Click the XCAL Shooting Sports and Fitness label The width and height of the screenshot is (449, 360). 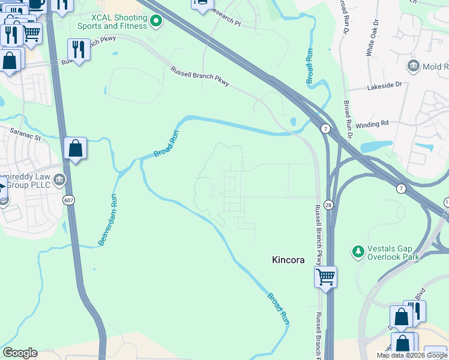[112, 22]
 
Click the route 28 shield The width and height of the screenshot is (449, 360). [328, 205]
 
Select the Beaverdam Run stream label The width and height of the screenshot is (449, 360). [107, 219]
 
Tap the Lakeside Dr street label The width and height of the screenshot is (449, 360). [385, 86]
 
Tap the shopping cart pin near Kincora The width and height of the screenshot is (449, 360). [325, 277]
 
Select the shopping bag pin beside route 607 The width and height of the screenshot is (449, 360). [76, 148]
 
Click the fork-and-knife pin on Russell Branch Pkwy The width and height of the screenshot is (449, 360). [79, 48]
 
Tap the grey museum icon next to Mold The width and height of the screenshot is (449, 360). [413, 65]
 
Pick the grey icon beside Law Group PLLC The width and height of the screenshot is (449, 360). [59, 179]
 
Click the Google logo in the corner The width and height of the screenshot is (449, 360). [20, 353]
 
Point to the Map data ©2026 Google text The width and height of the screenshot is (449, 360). [412, 355]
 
